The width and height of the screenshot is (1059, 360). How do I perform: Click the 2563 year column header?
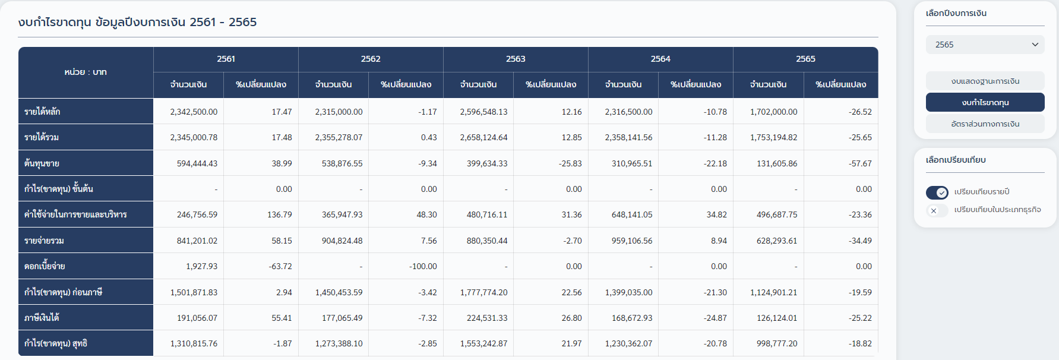[x=515, y=59]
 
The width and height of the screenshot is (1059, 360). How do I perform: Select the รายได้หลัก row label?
[x=42, y=112]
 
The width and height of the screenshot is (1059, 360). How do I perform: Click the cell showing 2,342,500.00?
[x=194, y=112]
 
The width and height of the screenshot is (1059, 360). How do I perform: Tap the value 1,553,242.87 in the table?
[x=483, y=343]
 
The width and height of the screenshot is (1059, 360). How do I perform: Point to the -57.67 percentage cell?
[x=860, y=163]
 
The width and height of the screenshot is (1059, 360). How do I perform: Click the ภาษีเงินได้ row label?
[x=42, y=318]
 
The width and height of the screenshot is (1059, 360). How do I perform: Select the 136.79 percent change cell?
[x=279, y=214]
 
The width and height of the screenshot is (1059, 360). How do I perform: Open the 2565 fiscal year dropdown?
[x=985, y=45]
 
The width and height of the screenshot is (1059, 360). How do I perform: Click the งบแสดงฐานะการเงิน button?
[x=985, y=81]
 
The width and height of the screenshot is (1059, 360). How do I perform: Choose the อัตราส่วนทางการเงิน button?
[x=985, y=124]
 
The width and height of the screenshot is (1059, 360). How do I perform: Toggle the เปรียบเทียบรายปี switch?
[x=937, y=192]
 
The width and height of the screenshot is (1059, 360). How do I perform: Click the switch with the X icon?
[x=937, y=210]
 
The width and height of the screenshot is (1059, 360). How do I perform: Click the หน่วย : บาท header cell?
[x=86, y=72]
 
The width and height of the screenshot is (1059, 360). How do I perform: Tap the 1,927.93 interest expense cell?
[x=201, y=266]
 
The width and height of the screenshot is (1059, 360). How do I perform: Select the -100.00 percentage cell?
[x=423, y=266]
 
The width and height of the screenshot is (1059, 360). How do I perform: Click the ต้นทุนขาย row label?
[x=42, y=163]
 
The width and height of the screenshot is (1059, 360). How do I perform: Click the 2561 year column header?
[x=226, y=59]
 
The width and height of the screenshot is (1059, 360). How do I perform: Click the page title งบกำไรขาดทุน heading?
[x=137, y=22]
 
